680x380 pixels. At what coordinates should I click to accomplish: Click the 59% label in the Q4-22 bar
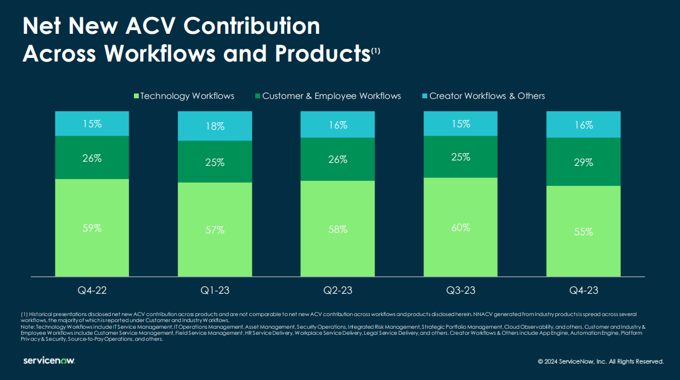point(92,228)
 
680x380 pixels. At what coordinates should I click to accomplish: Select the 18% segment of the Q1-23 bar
point(215,126)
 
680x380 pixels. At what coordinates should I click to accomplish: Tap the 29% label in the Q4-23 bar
point(583,162)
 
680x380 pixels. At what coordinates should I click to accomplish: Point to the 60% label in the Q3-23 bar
point(460,227)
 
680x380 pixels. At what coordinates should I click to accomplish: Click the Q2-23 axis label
point(338,291)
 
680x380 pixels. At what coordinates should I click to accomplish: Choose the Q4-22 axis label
point(92,291)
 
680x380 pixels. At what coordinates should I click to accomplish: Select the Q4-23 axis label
point(583,291)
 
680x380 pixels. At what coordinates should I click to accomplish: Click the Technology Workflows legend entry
point(184,96)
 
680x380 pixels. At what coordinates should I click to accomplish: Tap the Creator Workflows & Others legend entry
point(483,96)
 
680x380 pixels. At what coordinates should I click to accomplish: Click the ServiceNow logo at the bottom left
point(49,361)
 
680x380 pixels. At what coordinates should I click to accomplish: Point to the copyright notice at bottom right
point(600,361)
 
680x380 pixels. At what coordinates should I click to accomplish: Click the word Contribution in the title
point(252,26)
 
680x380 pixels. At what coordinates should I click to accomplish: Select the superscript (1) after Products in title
point(375,51)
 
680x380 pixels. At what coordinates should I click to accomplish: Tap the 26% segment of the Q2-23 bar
point(338,159)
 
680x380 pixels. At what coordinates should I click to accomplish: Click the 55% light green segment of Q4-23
point(583,232)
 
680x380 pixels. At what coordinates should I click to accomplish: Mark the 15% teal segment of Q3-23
point(460,124)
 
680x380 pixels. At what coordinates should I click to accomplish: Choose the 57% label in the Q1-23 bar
point(215,230)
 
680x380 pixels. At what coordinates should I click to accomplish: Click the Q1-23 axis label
point(215,291)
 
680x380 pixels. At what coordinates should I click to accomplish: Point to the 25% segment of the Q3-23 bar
point(460,157)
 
